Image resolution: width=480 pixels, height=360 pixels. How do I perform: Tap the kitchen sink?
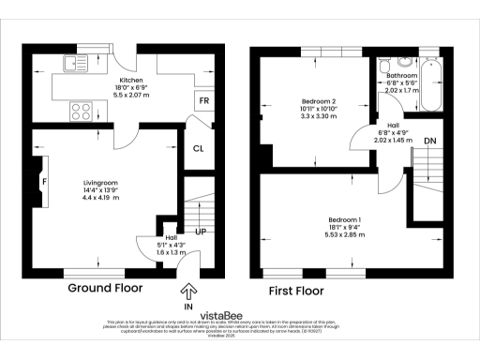pos(72,65)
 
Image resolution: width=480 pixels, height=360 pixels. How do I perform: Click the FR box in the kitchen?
pos(203,99)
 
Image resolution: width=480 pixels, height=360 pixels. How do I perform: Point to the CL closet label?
pos(199,148)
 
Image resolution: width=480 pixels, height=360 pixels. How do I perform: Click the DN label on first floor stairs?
pos(429,141)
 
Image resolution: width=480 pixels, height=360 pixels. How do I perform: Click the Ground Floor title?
pos(104,289)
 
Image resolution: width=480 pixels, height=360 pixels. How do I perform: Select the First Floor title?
pos(296,291)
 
